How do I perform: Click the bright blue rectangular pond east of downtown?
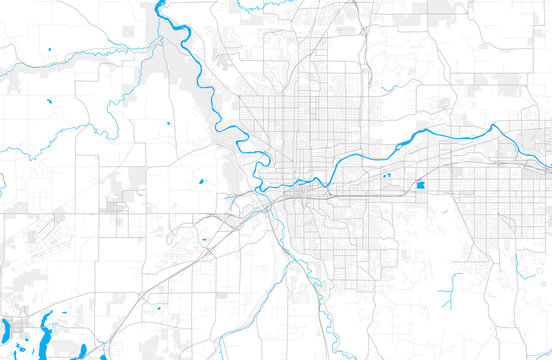coord(420,186)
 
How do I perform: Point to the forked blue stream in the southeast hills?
coord(455,280)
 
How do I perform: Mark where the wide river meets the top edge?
coord(158,3)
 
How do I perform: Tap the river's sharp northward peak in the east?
coord(492,127)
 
